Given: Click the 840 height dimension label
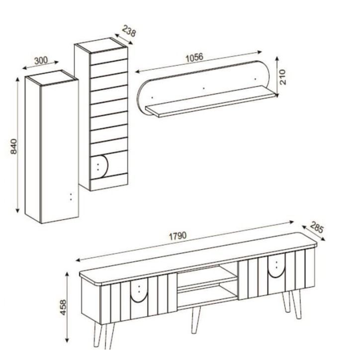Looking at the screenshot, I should tap(14, 145).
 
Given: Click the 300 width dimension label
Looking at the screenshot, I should tap(41, 61).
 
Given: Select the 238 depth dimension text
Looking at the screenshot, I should tap(128, 33).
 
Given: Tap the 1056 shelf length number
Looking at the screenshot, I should tap(194, 57).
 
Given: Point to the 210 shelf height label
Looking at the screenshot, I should tap(283, 77).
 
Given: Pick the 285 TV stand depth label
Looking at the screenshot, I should tap(317, 229).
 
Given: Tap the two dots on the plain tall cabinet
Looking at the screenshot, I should tap(71, 196).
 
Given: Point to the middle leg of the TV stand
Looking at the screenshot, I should tap(196, 320).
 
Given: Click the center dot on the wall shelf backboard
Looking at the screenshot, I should tap(203, 89).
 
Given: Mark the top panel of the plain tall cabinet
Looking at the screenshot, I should tap(51, 76).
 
